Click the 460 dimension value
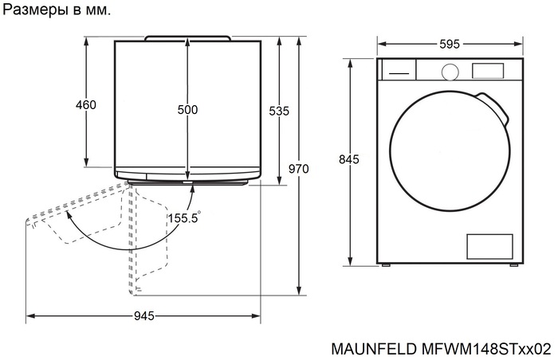[x=85, y=105]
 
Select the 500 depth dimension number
[x=187, y=110]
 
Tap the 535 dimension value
[x=278, y=112]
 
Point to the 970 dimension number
[x=298, y=169]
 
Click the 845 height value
[x=349, y=159]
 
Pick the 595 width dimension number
[x=449, y=45]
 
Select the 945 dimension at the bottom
[x=143, y=316]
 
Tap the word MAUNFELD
[x=371, y=349]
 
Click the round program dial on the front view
[x=450, y=71]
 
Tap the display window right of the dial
[x=487, y=70]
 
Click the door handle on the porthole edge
[x=495, y=107]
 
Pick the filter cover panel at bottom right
[x=488, y=246]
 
